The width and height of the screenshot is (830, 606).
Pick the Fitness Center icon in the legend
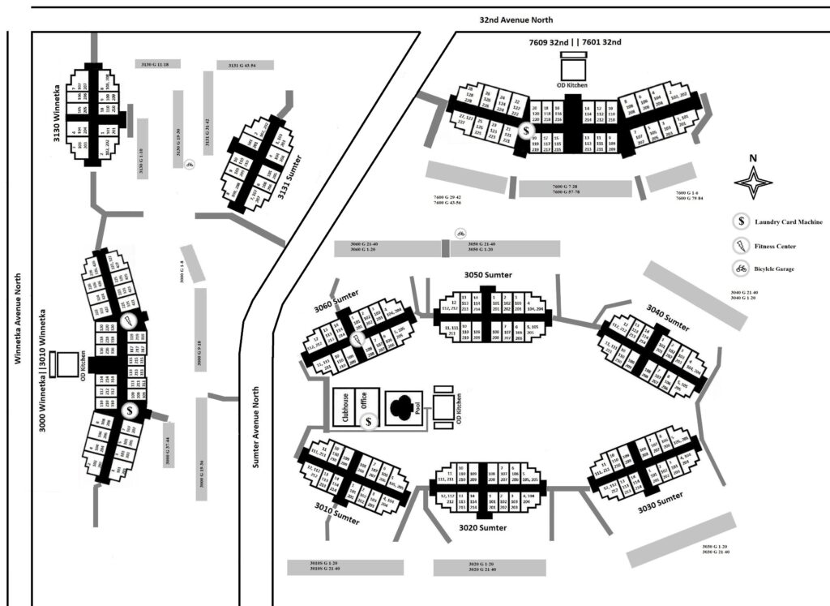point(741,246)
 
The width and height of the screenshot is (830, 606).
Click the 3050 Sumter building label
point(488,275)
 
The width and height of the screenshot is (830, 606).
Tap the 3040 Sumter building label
point(667,320)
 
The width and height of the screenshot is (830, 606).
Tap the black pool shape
point(403,405)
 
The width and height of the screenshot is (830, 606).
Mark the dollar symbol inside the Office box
point(370,422)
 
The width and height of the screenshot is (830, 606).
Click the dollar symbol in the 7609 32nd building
point(528,130)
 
